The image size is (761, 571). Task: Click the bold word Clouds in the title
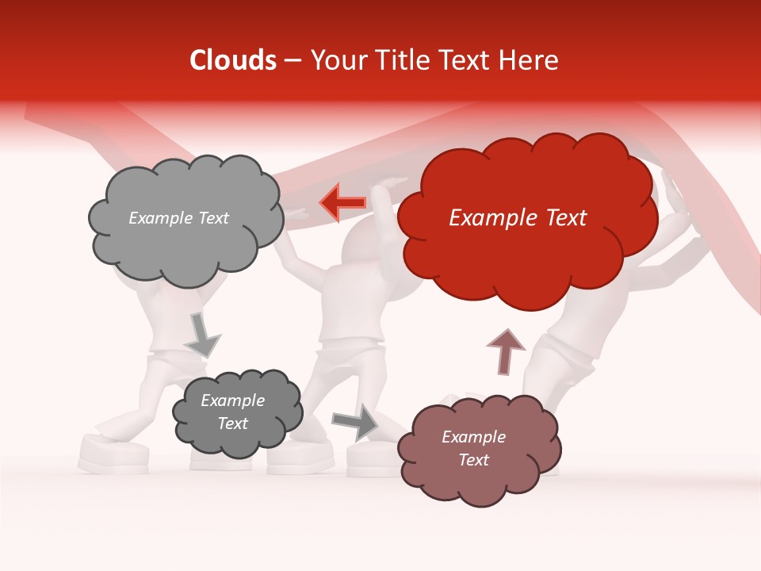pos(232,60)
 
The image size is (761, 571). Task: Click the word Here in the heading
pos(531,60)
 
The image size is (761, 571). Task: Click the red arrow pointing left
pos(342,202)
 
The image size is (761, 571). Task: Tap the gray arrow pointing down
pos(202,335)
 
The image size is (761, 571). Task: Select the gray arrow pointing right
pos(354,423)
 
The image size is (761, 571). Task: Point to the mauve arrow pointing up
pos(505,351)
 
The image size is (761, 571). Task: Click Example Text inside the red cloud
pos(518,218)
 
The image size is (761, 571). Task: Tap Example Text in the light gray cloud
pos(178,218)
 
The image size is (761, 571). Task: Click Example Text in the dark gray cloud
pos(232,412)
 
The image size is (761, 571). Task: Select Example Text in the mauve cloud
pos(473,448)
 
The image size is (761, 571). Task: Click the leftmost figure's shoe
pos(113,454)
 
